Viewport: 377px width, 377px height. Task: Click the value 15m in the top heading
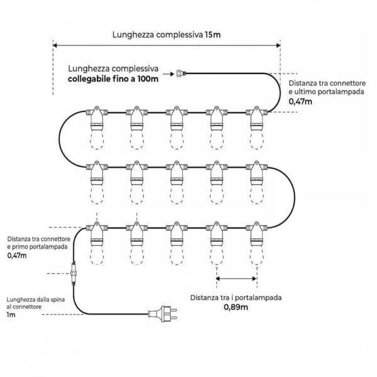(x=212, y=34)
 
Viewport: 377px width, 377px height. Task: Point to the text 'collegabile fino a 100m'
(x=113, y=78)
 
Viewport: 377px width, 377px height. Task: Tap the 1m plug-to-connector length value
(x=11, y=314)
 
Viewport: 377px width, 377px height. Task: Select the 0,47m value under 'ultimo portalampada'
(x=300, y=101)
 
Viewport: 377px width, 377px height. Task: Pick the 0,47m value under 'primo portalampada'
(x=18, y=256)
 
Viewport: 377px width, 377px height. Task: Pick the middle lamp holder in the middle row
(x=176, y=172)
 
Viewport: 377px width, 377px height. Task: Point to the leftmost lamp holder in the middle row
(x=97, y=172)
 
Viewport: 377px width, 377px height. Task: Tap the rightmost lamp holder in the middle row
(x=255, y=172)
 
